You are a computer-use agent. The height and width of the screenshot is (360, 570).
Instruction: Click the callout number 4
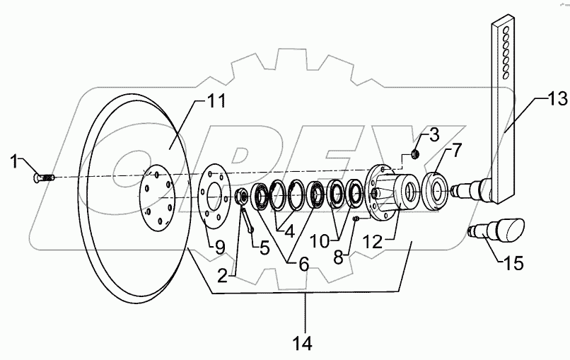[x=288, y=230]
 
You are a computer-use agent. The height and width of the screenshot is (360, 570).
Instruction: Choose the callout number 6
[x=304, y=264]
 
